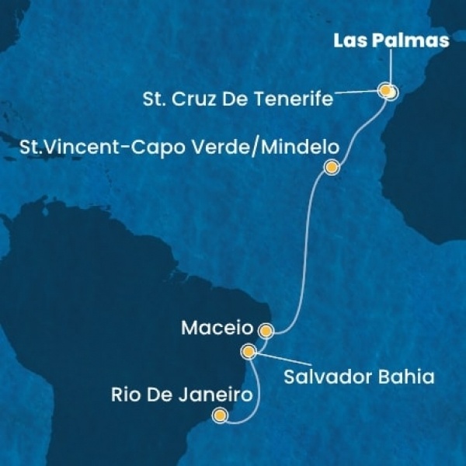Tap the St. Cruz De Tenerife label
pos(239,99)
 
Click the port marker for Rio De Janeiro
pos(221,416)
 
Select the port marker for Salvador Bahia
pos(249,352)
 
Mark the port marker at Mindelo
pos(332,166)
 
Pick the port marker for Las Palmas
pos(391,93)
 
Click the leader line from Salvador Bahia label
pos(268,363)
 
